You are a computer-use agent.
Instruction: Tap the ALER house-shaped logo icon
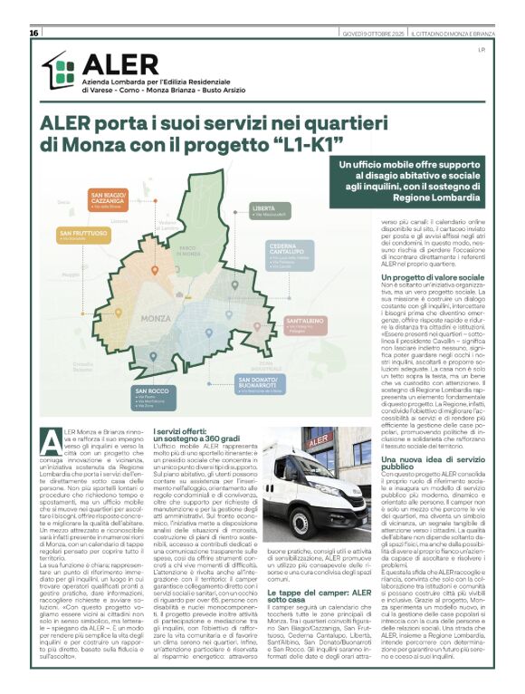pos(61,71)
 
